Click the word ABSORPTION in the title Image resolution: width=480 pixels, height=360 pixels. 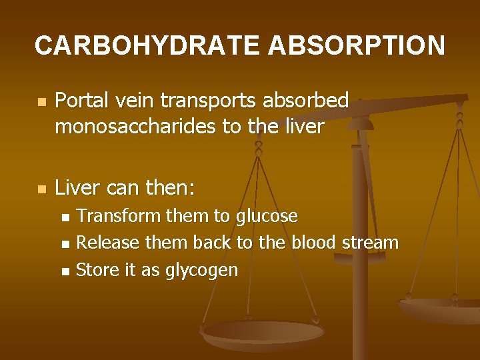coord(357,45)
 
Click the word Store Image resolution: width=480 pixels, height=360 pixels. coord(95,269)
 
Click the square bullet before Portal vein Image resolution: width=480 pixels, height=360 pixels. coord(42,103)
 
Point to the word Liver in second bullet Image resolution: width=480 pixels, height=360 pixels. coord(78,188)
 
